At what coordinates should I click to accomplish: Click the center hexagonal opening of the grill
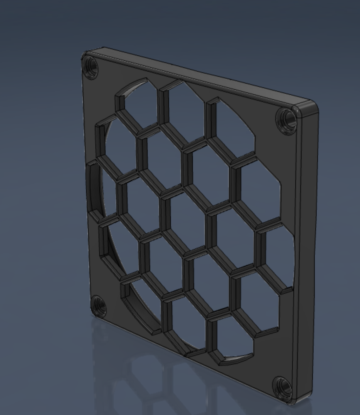(187, 220)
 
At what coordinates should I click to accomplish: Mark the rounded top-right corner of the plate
(311, 107)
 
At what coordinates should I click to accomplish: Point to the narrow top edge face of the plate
(201, 75)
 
